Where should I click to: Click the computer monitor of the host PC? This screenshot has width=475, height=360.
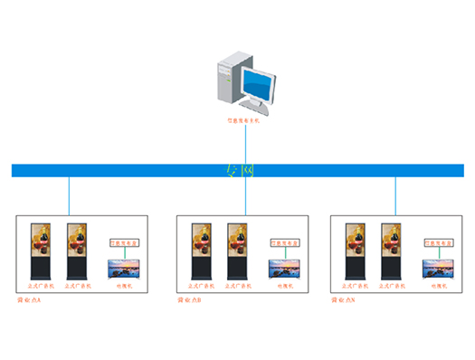point(260,89)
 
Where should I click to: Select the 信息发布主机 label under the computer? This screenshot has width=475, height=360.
point(242,119)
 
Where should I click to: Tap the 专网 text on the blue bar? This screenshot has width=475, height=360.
point(239,170)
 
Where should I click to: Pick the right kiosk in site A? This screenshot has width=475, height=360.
point(77,251)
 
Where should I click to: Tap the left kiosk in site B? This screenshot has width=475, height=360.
point(200,251)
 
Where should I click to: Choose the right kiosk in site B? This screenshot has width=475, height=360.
point(236,251)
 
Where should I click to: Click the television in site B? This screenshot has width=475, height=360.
point(282,269)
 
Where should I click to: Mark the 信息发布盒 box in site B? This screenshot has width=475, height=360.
point(283,242)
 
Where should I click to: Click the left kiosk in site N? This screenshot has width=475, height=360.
point(355,251)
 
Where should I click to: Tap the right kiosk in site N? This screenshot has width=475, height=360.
point(390,251)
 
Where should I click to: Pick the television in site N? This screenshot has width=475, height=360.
point(437,269)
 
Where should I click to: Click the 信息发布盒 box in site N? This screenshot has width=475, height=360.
point(438,242)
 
